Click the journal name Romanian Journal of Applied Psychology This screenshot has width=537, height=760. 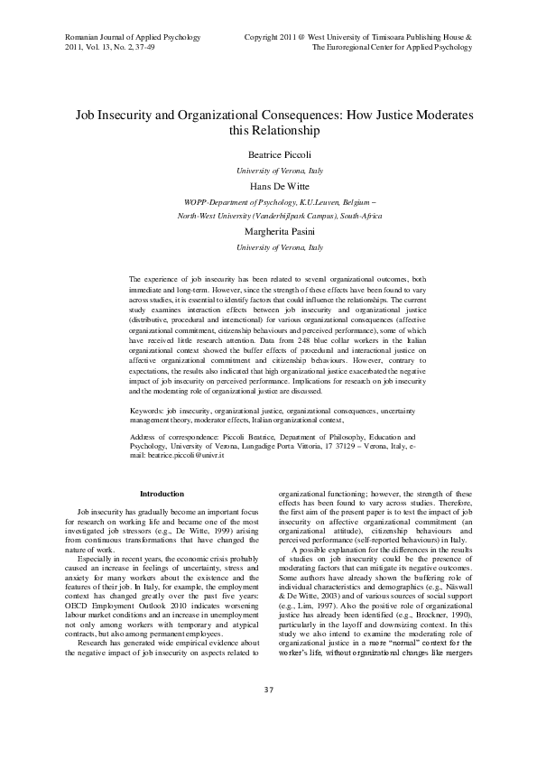coord(133,37)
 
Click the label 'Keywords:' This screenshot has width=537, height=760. coord(149,411)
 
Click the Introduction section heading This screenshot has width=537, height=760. coord(162,494)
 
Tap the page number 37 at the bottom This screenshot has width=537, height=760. coord(268,716)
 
